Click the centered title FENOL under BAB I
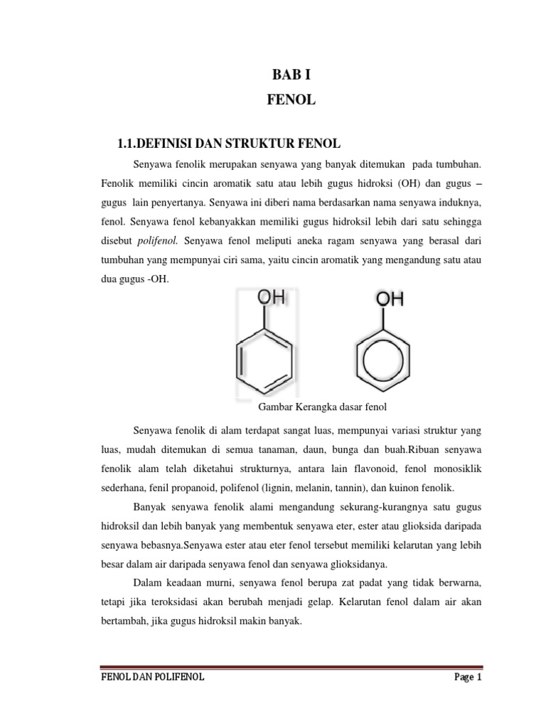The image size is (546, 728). pos(291,101)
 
